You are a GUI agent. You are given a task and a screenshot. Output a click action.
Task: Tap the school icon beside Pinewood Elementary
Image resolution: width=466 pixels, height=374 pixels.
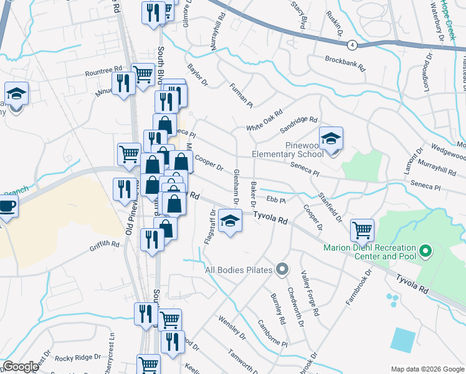[x=331, y=138]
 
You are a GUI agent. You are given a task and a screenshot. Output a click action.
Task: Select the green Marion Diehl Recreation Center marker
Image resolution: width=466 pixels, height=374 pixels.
[x=426, y=251]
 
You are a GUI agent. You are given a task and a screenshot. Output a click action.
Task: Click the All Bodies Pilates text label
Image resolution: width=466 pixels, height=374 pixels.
[x=240, y=270]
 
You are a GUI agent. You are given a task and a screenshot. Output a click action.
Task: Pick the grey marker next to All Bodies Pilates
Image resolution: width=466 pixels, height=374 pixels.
[x=282, y=269]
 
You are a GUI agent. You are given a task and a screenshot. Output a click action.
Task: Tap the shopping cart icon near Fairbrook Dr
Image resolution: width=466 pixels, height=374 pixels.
[x=362, y=230]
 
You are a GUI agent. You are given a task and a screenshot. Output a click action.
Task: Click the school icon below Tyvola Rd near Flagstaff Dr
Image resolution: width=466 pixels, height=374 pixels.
[x=230, y=221]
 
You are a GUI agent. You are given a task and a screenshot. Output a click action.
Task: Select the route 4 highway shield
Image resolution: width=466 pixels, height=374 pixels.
[x=352, y=45]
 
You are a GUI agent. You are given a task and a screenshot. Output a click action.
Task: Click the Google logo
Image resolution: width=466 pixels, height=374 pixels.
[x=21, y=367]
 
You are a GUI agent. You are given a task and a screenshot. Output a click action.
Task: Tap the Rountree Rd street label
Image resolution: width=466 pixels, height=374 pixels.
[x=105, y=72]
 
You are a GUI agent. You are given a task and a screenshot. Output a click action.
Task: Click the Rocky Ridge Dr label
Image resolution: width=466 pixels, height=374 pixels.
[x=78, y=358]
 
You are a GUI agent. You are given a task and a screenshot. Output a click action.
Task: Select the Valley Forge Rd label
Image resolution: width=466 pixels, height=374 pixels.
[x=310, y=293]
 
